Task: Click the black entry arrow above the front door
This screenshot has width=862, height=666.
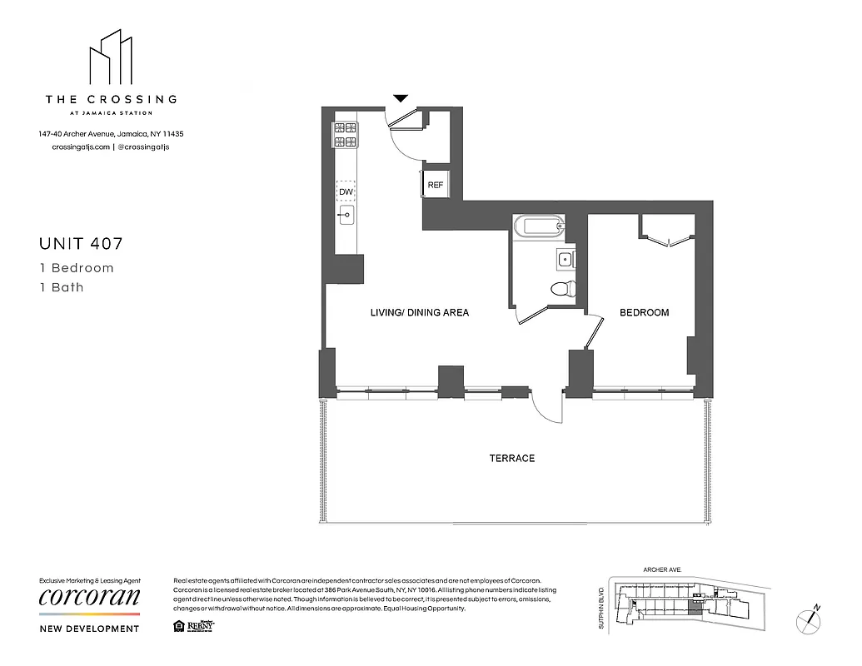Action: [401, 98]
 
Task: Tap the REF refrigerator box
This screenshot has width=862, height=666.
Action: [435, 185]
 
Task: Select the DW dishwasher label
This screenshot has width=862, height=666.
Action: [346, 191]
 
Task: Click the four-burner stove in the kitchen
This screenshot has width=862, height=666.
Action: [346, 135]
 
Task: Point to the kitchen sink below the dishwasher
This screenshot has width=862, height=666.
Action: [346, 216]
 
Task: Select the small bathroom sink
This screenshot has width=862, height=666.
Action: [566, 259]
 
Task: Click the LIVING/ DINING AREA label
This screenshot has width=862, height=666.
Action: [420, 313]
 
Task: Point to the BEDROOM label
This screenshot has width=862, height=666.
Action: [644, 313]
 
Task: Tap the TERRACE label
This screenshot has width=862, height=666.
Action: [511, 459]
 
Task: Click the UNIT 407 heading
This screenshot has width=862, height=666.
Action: [82, 244]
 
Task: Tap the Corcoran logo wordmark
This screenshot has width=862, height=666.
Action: [89, 599]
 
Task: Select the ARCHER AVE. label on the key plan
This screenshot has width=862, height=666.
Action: [662, 569]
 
